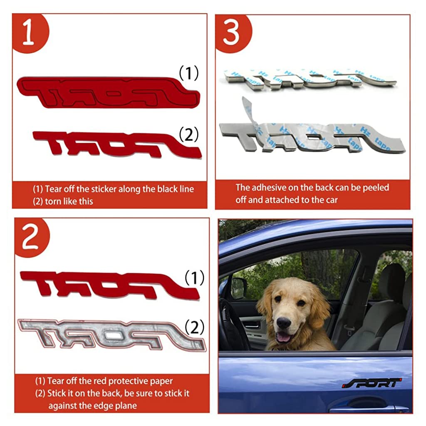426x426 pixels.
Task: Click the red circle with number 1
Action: point(30,32)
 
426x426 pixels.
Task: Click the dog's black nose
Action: point(284,322)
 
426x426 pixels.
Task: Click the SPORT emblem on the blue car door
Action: point(372,383)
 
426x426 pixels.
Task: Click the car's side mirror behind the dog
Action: point(238,288)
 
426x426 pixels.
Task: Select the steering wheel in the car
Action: point(234,323)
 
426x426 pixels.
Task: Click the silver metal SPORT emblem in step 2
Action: point(111,334)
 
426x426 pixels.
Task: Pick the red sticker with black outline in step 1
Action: point(108,92)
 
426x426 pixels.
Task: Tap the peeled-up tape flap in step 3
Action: point(250,114)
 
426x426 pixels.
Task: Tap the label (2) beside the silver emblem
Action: point(194,327)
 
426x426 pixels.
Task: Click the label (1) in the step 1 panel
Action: point(189,73)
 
